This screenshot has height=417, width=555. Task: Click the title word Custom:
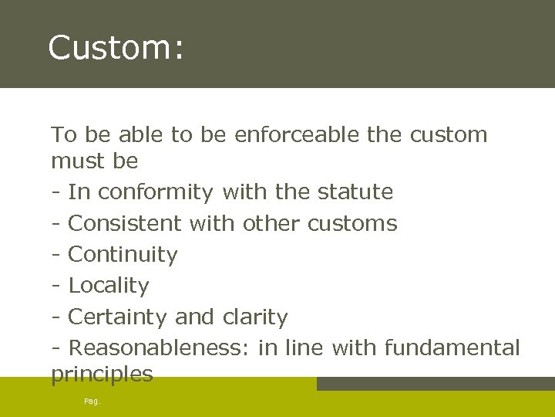point(116,48)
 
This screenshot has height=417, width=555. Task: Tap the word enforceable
point(297,135)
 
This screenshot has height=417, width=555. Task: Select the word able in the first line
point(138,135)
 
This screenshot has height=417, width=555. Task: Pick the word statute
point(355,192)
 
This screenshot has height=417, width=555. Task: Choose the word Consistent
point(125,223)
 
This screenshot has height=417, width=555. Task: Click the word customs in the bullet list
point(352,223)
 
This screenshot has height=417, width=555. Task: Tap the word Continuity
point(123,255)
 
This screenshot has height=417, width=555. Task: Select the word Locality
point(109,286)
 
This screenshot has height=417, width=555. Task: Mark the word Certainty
point(119,317)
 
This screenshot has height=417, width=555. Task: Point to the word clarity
point(254,317)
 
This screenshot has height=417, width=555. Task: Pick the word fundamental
point(452,348)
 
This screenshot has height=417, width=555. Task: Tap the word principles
point(102,375)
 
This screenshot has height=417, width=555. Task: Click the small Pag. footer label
point(92,402)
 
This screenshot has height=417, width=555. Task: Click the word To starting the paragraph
point(63,135)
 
